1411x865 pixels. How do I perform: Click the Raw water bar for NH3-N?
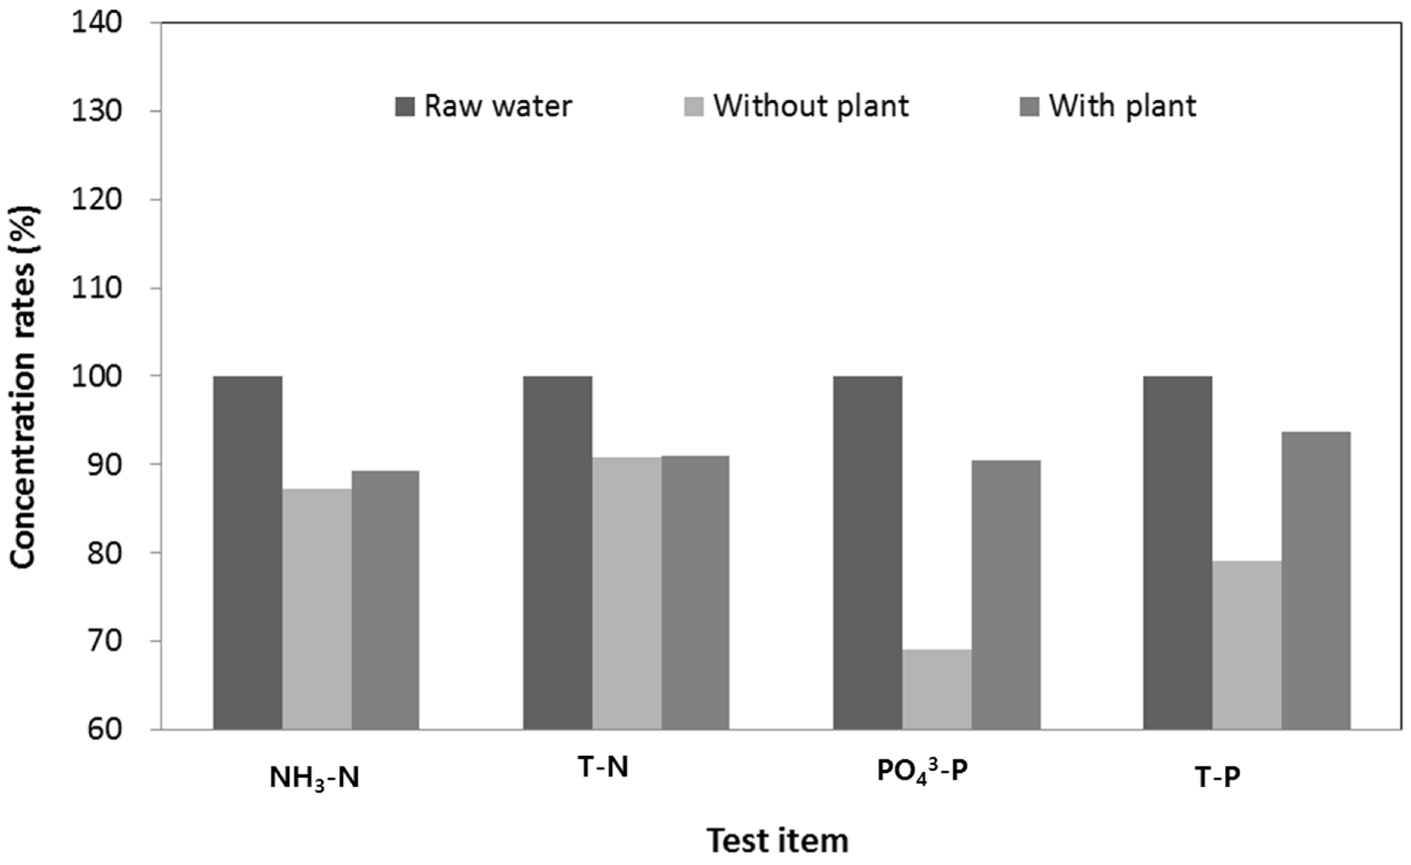(247, 552)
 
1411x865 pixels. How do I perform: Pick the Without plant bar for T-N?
(626, 593)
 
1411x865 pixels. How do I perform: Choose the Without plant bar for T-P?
(1247, 645)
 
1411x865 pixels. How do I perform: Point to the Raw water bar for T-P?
(1178, 552)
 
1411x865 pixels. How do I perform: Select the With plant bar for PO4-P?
(1006, 595)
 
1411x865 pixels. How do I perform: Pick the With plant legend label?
(1122, 106)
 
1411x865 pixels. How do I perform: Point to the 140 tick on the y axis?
(96, 23)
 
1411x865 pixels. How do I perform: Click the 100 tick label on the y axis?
(96, 376)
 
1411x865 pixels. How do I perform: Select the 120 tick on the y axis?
(96, 200)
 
